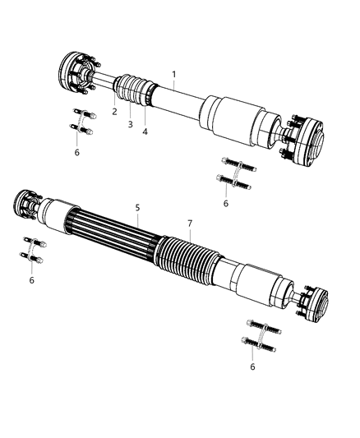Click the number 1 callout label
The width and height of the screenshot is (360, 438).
(x=174, y=74)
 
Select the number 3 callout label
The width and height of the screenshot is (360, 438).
(x=130, y=124)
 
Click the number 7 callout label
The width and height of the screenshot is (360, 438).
(x=189, y=223)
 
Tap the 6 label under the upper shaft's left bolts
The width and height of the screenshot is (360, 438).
(x=77, y=152)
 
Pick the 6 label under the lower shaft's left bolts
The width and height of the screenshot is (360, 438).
(x=32, y=280)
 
